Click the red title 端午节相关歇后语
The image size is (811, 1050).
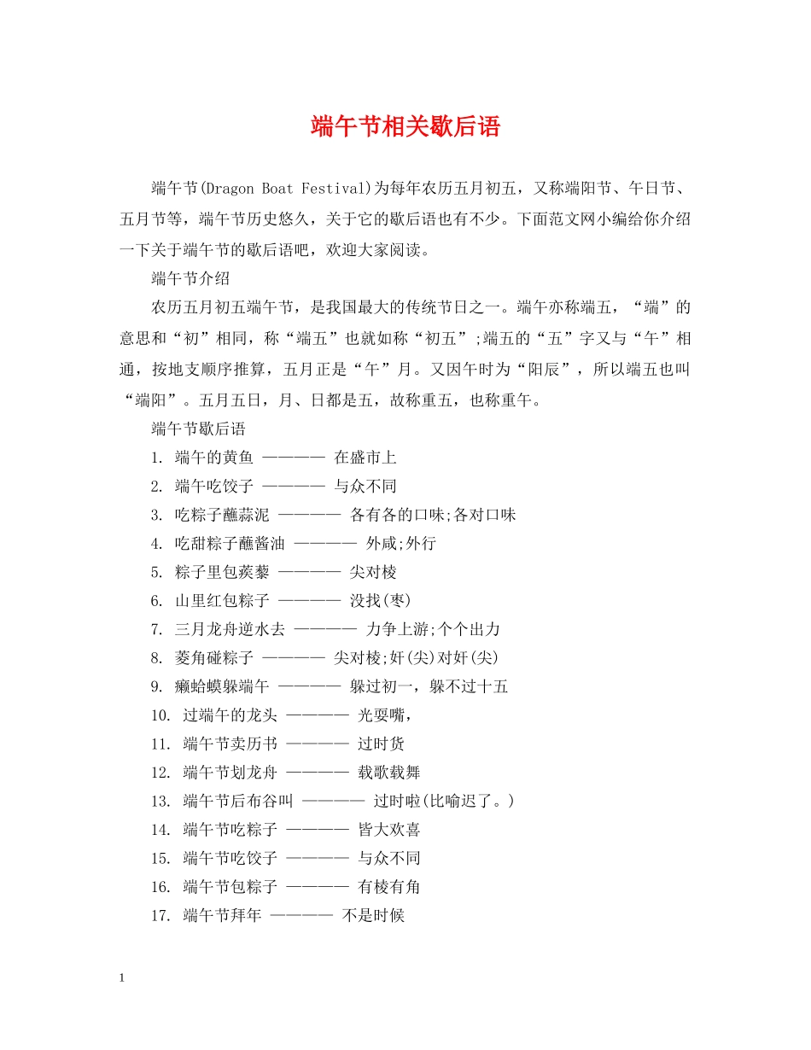coord(405,127)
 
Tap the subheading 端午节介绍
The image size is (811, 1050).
coord(190,278)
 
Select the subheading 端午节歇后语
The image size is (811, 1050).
coord(198,429)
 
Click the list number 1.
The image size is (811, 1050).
coord(156,458)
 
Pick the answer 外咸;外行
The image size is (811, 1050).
coord(400,544)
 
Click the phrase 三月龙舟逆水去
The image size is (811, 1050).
coord(230,629)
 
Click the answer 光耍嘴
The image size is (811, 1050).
coord(384,715)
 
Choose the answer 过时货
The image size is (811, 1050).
coord(381,744)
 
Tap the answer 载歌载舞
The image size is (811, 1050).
coord(388,773)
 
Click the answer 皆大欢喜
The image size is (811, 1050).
coord(388,830)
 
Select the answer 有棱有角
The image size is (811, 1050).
coord(388,887)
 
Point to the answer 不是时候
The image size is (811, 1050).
coord(373,916)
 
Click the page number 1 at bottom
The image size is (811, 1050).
coord(123,977)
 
